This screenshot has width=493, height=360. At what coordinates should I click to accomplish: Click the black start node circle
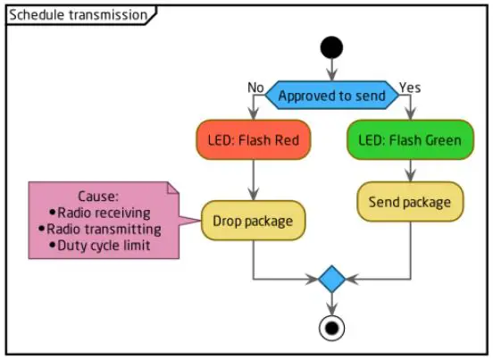coord(331,46)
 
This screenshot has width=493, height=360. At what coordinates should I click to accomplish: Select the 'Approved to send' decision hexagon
coord(331,95)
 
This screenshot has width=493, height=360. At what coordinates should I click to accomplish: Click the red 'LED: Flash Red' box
coord(255,140)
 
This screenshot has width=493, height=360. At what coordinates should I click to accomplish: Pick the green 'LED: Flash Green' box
coord(411,140)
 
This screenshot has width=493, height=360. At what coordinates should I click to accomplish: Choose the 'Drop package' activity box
coord(255,219)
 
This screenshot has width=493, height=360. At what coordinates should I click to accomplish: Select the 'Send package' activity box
coord(411,202)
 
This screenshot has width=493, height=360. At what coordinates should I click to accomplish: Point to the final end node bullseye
coord(331,328)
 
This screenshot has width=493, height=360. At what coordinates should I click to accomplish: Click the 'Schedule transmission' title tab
coord(78,15)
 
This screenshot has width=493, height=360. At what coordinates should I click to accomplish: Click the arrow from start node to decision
coord(331,70)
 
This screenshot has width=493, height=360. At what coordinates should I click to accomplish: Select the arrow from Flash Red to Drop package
coord(255,179)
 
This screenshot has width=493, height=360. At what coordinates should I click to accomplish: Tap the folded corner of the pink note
coord(173,188)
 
